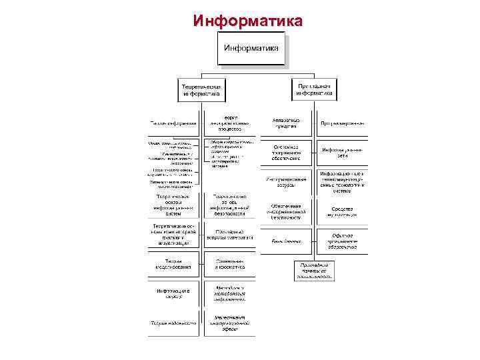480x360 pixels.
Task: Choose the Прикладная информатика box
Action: click(x=313, y=89)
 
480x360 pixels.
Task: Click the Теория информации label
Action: click(x=174, y=123)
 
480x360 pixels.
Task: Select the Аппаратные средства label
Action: click(x=286, y=123)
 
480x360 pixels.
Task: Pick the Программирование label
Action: click(x=342, y=123)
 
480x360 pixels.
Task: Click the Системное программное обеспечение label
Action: click(x=286, y=153)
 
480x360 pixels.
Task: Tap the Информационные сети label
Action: click(x=342, y=153)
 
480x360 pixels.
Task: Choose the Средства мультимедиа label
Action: click(x=342, y=211)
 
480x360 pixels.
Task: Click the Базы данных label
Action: click(x=286, y=241)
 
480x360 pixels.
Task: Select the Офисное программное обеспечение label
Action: click(x=342, y=241)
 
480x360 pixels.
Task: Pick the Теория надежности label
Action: click(x=174, y=323)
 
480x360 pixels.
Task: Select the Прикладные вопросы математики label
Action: click(x=230, y=237)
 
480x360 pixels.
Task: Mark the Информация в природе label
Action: click(x=174, y=294)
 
